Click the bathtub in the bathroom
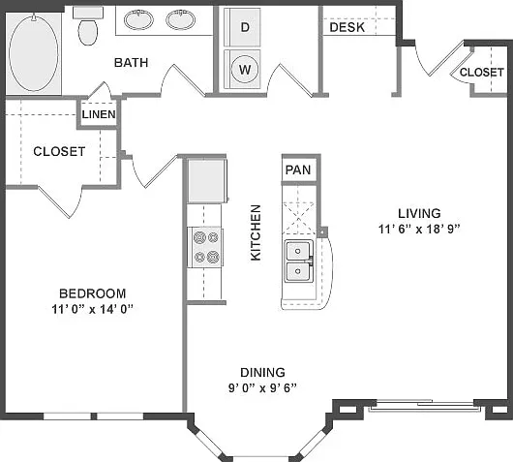click(x=33, y=53)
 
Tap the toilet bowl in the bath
click(x=88, y=32)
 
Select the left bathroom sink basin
click(x=138, y=19)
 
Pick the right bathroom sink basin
click(x=181, y=19)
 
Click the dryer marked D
click(x=242, y=27)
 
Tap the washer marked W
click(x=242, y=69)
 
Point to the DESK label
click(x=347, y=27)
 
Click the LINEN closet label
click(x=99, y=114)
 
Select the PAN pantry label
click(x=298, y=169)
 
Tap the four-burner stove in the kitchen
click(x=205, y=247)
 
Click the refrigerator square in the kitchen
click(x=207, y=181)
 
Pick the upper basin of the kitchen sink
click(x=298, y=251)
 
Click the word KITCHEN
click(x=256, y=232)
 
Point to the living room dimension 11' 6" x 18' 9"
click(x=419, y=229)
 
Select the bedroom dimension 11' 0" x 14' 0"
click(x=93, y=309)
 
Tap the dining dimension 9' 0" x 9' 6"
click(x=262, y=388)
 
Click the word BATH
click(x=131, y=63)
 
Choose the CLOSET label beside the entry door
click(x=482, y=72)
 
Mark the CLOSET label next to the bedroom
click(x=59, y=151)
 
